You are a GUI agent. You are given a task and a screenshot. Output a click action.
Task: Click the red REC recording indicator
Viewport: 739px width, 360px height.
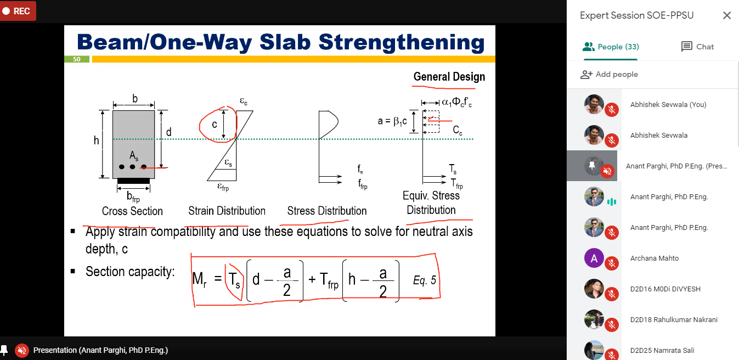pos(17,11)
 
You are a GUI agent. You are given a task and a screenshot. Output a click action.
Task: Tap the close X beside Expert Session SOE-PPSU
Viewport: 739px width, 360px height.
pos(727,15)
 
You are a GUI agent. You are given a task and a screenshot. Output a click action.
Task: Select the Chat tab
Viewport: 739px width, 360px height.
pos(697,47)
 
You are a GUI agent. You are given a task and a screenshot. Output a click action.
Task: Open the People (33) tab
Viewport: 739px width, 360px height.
pos(611,47)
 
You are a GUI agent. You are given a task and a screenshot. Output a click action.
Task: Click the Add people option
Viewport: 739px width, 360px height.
pos(609,75)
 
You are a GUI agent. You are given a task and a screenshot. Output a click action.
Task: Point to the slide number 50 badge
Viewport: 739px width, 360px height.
pos(77,59)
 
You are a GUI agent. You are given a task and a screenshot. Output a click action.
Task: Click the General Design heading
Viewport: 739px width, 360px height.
pos(449,77)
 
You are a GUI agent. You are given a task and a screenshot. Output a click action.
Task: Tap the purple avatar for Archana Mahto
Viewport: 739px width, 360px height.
pos(594,258)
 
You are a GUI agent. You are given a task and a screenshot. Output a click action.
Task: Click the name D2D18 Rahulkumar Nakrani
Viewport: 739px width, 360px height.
pos(674,320)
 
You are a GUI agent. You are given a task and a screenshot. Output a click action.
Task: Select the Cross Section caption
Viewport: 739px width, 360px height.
pos(132,211)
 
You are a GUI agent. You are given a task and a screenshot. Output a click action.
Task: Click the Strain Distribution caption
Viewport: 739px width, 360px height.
pos(227,211)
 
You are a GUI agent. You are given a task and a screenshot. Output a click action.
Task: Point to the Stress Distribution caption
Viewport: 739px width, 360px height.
pos(326,211)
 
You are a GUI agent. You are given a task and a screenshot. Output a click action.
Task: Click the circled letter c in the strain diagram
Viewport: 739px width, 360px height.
pos(215,125)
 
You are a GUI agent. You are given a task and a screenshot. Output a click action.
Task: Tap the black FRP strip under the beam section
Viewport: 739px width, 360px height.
pos(134,181)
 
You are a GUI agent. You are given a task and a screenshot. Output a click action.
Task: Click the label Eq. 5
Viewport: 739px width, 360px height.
pos(424,280)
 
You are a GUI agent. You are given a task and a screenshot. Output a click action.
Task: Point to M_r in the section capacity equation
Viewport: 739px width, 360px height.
pos(200,279)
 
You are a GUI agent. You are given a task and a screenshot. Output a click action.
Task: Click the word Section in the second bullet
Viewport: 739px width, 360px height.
pos(105,272)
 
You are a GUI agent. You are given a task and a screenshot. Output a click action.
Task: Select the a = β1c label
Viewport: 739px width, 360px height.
pos(392,121)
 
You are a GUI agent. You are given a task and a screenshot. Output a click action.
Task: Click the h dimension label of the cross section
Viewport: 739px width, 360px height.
pos(96,140)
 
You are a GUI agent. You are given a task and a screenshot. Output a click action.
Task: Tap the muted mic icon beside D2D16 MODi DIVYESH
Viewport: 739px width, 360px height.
pos(612,294)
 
